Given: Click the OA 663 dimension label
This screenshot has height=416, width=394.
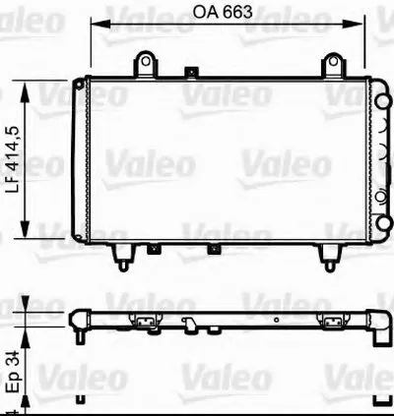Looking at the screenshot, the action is coord(223,12).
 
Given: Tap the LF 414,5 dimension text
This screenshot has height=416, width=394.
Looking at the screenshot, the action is coord(15,160).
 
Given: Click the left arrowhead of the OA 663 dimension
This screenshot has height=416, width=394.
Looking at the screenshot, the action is coord(100,24).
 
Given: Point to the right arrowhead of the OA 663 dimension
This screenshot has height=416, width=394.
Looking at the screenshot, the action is coord(354,24).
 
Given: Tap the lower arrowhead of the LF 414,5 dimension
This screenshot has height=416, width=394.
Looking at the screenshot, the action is coord(25,227).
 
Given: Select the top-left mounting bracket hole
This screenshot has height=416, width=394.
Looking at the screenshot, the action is coord(146,61).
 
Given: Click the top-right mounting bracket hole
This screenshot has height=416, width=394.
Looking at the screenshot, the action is coord(333,61).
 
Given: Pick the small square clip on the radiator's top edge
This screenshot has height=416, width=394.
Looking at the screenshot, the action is coord(191,72).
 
